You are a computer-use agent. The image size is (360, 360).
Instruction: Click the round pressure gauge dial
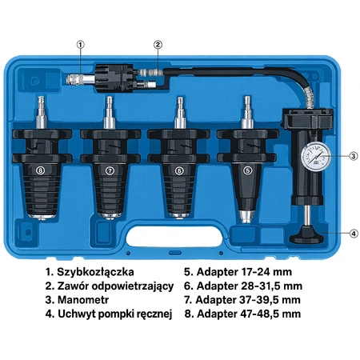[x=311, y=157]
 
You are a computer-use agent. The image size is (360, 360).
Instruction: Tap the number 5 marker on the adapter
[x=247, y=170]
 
